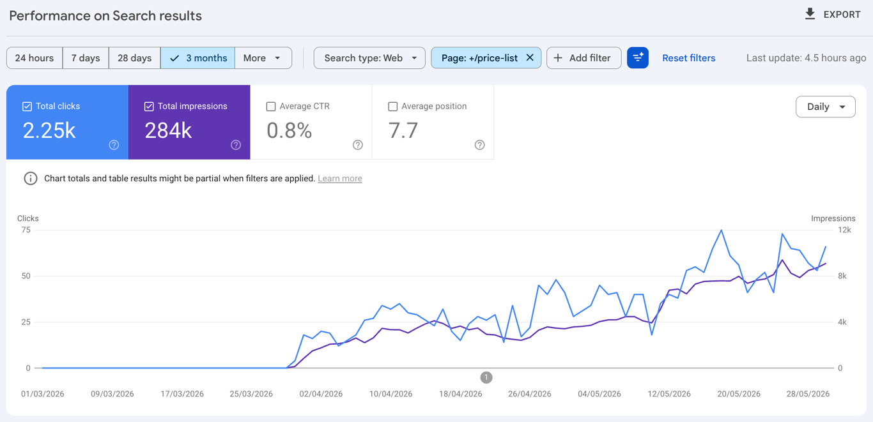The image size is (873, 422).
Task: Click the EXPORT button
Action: point(833,15)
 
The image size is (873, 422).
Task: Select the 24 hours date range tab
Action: point(35,58)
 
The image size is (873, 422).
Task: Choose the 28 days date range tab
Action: point(134,58)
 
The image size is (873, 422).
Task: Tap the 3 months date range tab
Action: point(198,58)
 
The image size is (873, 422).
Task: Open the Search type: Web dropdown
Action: point(369,58)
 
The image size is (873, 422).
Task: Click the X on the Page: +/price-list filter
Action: point(530,57)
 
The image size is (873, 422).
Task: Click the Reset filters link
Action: point(689,58)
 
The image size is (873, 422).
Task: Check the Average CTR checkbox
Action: point(271,106)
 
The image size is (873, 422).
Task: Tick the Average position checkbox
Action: point(393,106)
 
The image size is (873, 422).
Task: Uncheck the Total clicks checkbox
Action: point(27,106)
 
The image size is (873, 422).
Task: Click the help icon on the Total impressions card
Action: point(236,145)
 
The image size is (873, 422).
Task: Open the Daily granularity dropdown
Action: point(826,107)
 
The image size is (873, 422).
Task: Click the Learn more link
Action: point(340,178)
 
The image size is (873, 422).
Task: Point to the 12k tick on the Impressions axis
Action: point(844,230)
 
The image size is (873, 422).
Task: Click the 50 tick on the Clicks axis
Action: point(26,276)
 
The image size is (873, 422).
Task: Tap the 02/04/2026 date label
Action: point(321,393)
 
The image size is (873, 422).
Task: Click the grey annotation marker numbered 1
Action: point(486,377)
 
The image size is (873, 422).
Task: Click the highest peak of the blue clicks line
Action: point(722,230)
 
